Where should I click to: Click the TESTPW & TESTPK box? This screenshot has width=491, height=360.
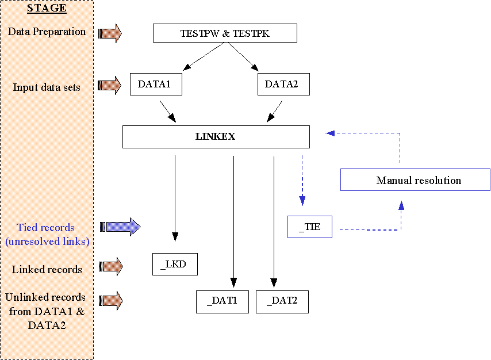[x=225, y=33]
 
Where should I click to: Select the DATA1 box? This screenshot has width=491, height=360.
[x=156, y=84]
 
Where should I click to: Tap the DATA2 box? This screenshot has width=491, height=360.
[x=283, y=84]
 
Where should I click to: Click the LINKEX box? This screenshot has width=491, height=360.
[x=216, y=137]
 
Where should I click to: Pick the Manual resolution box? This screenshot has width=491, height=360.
[x=415, y=180]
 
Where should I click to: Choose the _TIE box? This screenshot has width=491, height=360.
[x=309, y=227]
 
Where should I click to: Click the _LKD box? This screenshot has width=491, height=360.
[x=175, y=264]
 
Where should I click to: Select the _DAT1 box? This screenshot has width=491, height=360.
[x=222, y=301]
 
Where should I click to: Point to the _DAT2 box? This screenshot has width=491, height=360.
[x=282, y=301]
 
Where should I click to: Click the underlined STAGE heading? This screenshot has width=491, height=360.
[x=47, y=9]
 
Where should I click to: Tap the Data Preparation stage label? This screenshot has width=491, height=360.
[x=47, y=32]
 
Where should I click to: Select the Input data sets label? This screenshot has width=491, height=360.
[x=47, y=87]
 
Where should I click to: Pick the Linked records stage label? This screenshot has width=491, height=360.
[x=47, y=269]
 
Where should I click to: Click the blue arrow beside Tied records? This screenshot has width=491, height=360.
[x=121, y=227]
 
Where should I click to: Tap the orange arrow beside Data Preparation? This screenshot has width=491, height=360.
[x=110, y=33]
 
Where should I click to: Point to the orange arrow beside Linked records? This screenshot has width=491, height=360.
[x=110, y=266]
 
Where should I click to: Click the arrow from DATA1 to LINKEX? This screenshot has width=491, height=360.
[x=167, y=111]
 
